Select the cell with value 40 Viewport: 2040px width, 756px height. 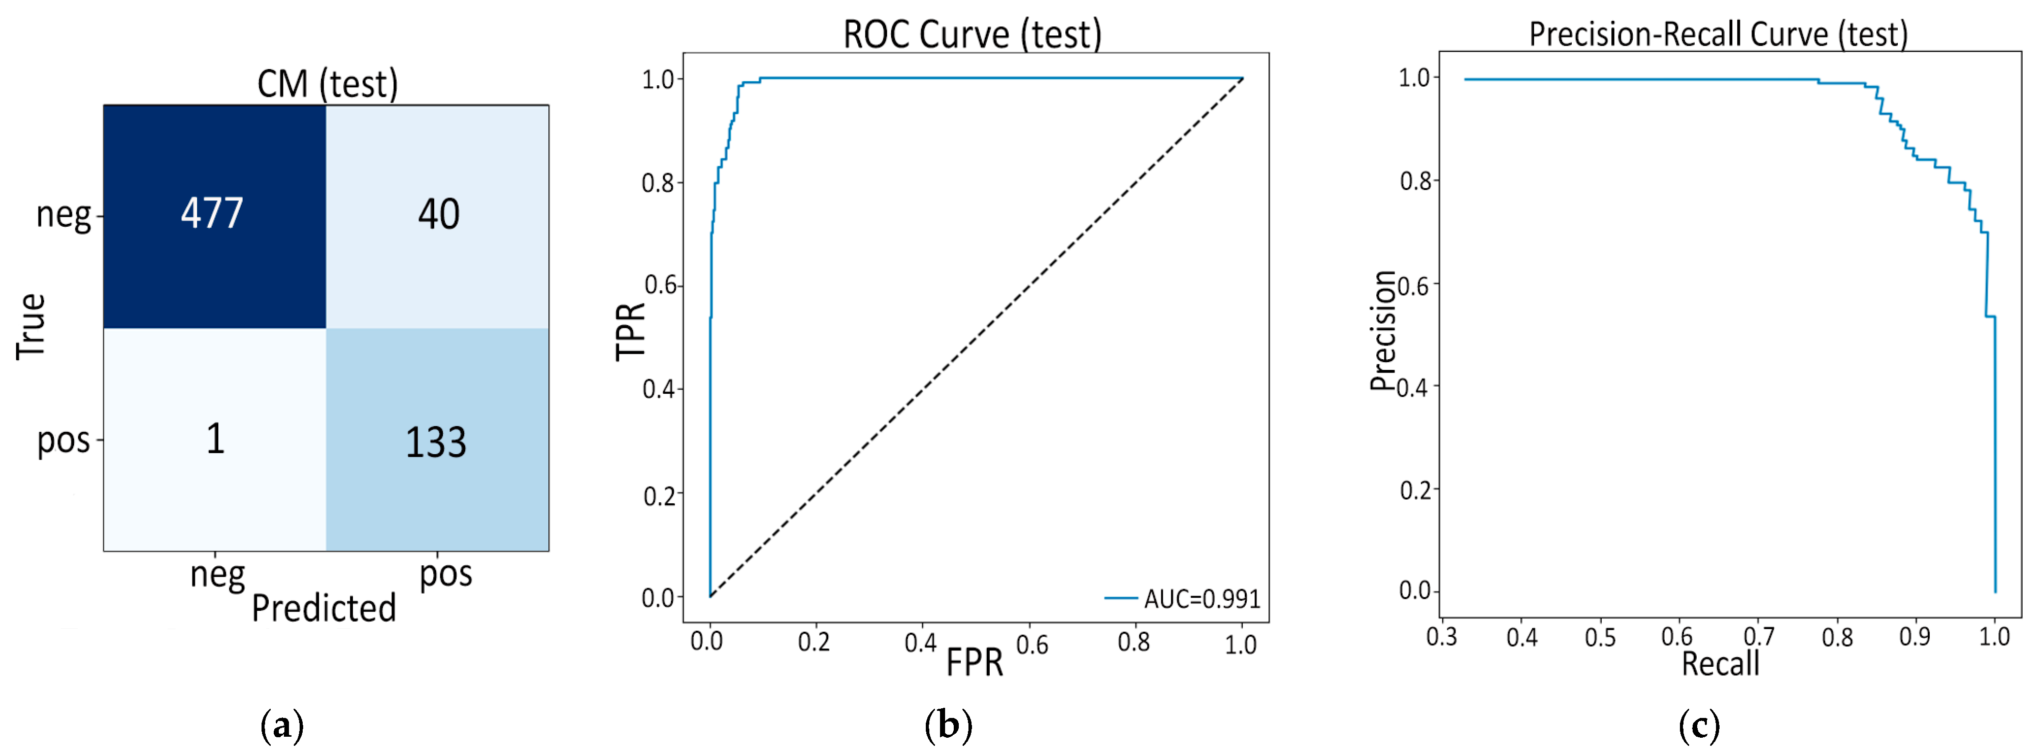pos(438,215)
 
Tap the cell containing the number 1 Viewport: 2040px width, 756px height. pos(215,439)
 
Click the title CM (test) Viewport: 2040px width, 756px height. pos(327,84)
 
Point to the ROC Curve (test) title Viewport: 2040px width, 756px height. pos(972,35)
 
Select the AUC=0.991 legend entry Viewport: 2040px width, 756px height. pos(1184,599)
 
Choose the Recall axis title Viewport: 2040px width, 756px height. pos(1720,663)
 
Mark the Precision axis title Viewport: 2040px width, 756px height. pos(1383,331)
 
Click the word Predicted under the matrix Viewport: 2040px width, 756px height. pos(324,608)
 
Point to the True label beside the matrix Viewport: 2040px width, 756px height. pos(31,326)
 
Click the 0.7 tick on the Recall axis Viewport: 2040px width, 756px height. pos(1758,636)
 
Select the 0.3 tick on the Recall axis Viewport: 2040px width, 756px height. pos(1441,636)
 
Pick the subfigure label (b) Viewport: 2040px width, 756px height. pos(948,725)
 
